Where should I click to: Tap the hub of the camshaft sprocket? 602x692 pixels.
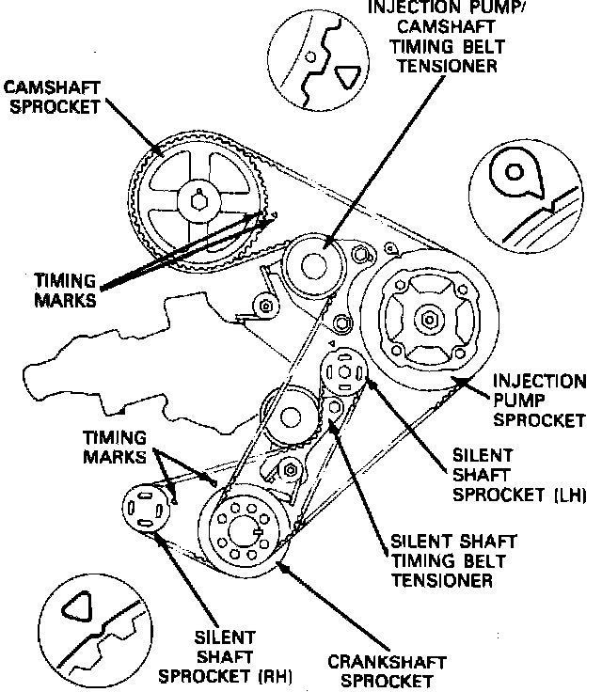(x=198, y=198)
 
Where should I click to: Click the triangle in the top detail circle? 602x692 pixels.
(x=349, y=78)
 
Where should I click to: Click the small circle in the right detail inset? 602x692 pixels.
(x=514, y=174)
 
